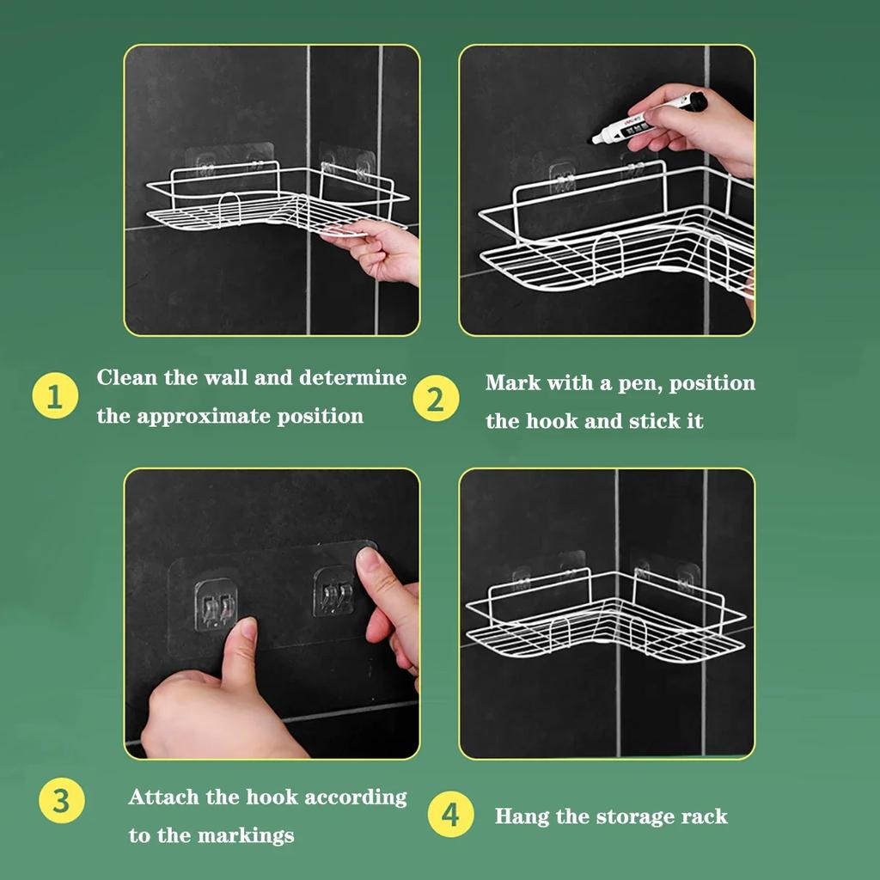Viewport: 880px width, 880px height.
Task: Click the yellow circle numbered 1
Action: [x=55, y=395]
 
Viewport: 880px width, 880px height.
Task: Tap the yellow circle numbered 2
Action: [x=436, y=399]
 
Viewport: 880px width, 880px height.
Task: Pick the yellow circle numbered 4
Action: [x=450, y=814]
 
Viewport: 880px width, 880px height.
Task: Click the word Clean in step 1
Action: [x=127, y=377]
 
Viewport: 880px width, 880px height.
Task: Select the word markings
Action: [x=245, y=835]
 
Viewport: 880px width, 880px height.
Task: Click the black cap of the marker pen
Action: [x=697, y=101]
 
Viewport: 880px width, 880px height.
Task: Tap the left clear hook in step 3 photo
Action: [x=216, y=606]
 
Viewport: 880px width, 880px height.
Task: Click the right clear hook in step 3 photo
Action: [x=334, y=591]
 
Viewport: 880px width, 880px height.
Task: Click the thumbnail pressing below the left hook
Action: [x=247, y=626]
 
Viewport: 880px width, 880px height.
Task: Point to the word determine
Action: [x=352, y=377]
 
